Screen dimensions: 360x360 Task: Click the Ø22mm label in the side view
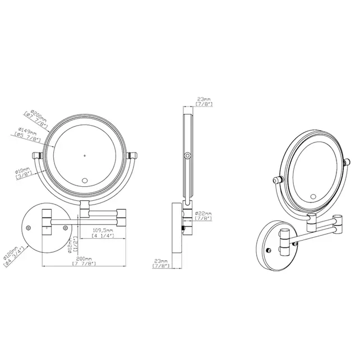point(204,214)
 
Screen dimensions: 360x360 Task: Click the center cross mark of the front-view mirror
point(84,155)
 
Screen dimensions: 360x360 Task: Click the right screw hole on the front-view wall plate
point(65,227)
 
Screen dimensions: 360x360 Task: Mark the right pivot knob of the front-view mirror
point(133,155)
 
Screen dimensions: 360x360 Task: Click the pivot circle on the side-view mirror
point(187,155)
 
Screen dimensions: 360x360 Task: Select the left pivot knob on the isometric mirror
point(276,180)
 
